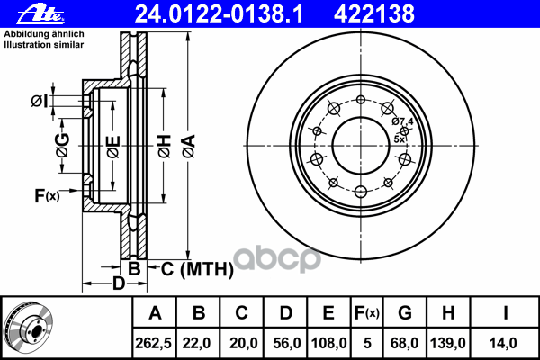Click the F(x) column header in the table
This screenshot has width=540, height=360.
pos(366,313)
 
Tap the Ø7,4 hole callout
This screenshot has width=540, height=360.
pos(402,121)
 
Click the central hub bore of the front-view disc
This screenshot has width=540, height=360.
pos(360,144)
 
